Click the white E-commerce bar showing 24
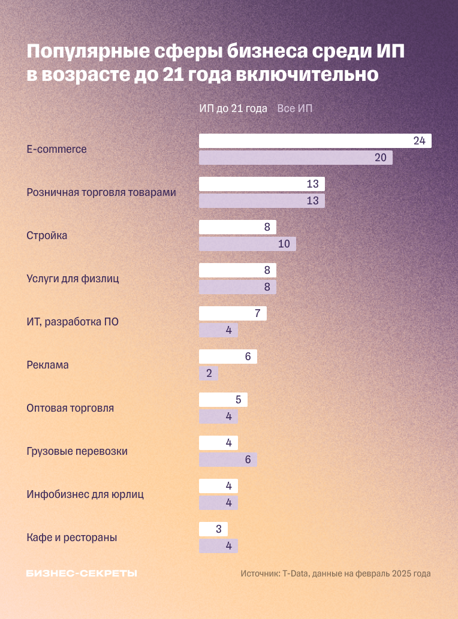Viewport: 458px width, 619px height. [x=315, y=141]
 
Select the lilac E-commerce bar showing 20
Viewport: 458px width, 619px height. [x=296, y=158]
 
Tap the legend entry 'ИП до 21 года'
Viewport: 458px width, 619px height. [x=233, y=108]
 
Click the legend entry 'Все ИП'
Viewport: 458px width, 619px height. [x=294, y=108]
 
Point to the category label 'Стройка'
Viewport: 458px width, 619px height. [x=47, y=235]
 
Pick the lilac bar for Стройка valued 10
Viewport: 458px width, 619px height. [x=247, y=244]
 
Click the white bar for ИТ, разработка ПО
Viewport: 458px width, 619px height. [x=233, y=313]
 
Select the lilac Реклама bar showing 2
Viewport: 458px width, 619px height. [x=208, y=373]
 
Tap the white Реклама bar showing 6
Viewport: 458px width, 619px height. [x=228, y=357]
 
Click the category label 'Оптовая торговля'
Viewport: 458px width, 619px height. [x=70, y=408]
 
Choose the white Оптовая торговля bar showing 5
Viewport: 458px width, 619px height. [x=223, y=400]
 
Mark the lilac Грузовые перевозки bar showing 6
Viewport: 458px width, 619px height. [x=228, y=460]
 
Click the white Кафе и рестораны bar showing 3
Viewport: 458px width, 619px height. [x=213, y=529]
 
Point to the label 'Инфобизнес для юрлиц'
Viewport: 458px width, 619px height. [x=85, y=494]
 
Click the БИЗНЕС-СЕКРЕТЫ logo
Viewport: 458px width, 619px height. [x=82, y=573]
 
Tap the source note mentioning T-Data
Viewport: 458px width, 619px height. [x=336, y=573]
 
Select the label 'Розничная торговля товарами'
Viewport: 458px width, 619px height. [x=101, y=192]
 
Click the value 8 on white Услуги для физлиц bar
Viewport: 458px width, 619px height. [x=267, y=270]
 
